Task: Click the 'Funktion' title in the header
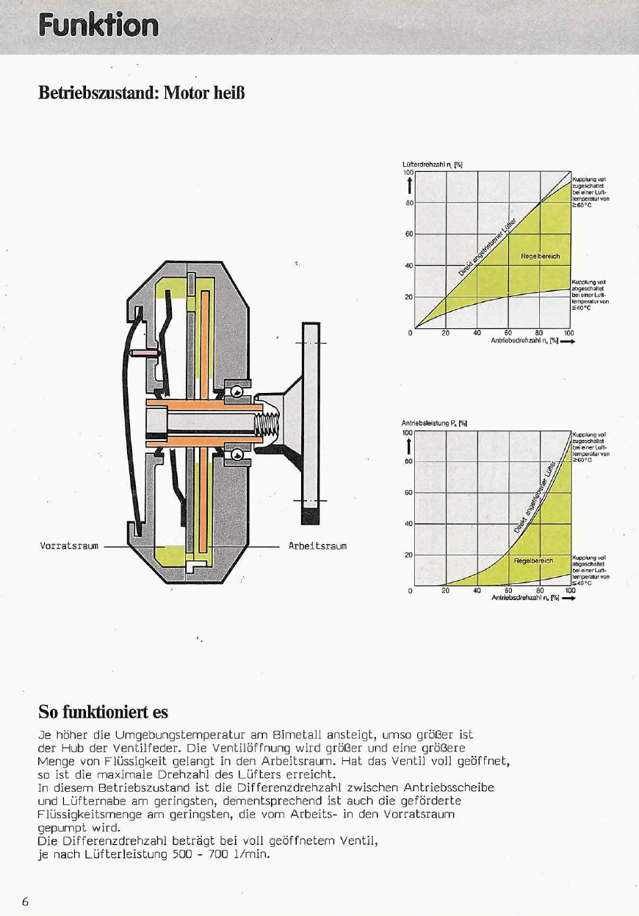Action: pyautogui.click(x=99, y=26)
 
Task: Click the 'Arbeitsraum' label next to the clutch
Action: pyautogui.click(x=317, y=546)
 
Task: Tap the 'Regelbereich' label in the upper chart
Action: pyautogui.click(x=541, y=256)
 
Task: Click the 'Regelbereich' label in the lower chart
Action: pyautogui.click(x=533, y=560)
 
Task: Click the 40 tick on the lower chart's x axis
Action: pyautogui.click(x=477, y=589)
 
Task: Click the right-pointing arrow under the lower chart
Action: pyautogui.click(x=568, y=598)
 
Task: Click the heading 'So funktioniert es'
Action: pyautogui.click(x=103, y=712)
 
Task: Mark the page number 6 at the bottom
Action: pyautogui.click(x=26, y=902)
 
